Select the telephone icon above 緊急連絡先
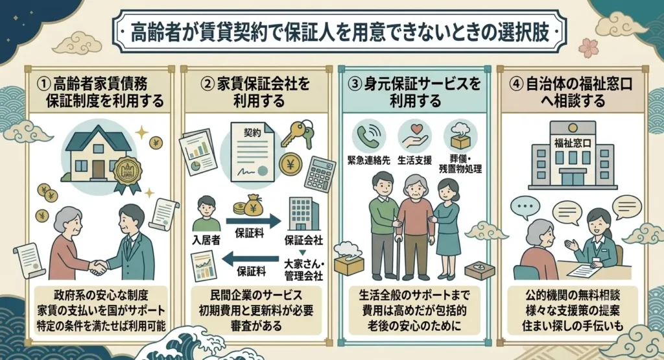[x=368, y=136]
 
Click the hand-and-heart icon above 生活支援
[x=414, y=136]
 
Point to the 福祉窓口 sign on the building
[x=573, y=143]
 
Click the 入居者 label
[x=206, y=240]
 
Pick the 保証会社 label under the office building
[x=303, y=240]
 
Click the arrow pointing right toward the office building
[x=254, y=221]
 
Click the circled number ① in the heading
[x=43, y=84]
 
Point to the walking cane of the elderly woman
[x=398, y=257]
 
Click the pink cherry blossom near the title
[x=588, y=47]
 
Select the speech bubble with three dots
[x=525, y=208]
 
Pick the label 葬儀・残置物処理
[x=460, y=164]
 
